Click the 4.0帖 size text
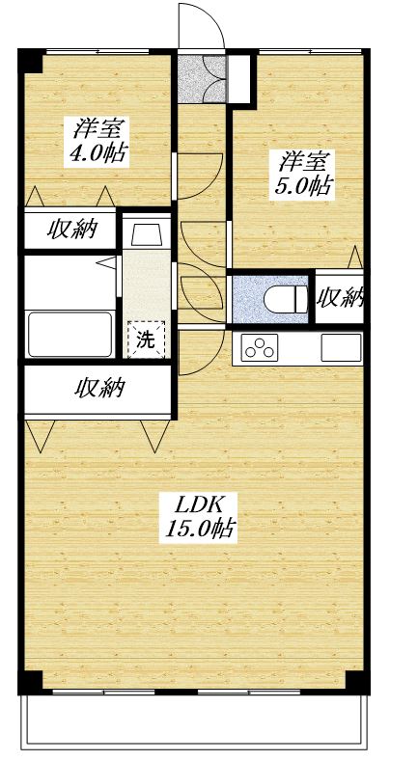pos(99,151)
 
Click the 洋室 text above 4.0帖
pos(98,127)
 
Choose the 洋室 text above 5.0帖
pos(302,161)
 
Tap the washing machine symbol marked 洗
pos(146,339)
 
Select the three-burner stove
pos(259,346)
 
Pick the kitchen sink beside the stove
pos(341,346)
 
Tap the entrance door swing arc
pos(201,24)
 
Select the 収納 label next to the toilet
pos(340,296)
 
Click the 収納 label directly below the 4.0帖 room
pos(72,231)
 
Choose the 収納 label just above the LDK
pos(100,389)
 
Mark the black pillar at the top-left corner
pos(31,59)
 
